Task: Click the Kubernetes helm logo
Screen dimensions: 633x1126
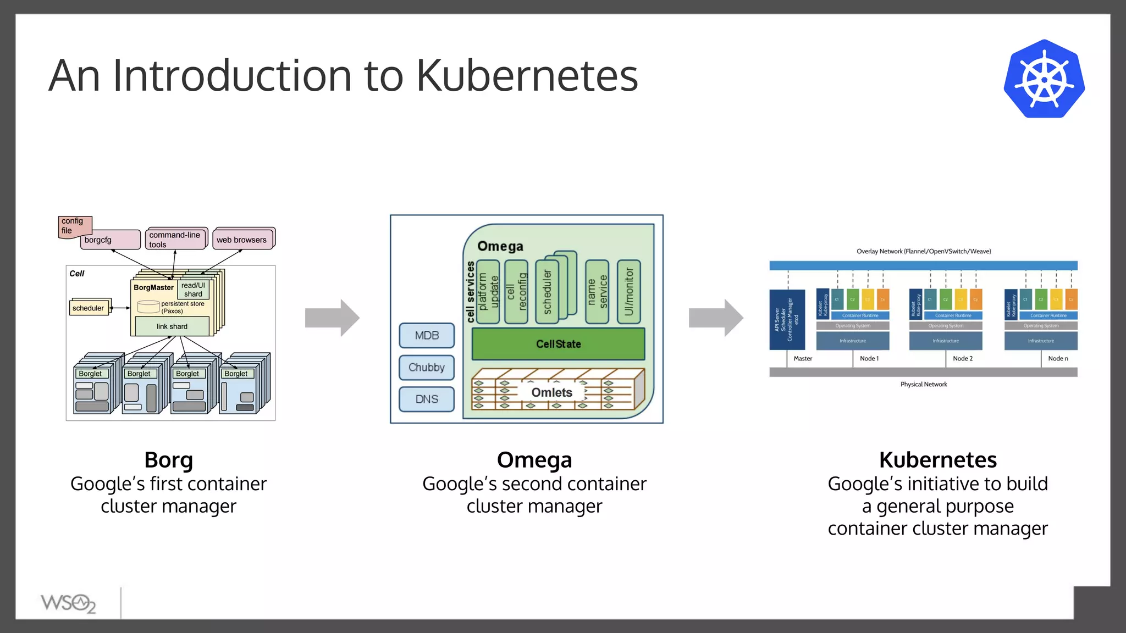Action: tap(1044, 79)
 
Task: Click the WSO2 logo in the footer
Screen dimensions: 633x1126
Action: tap(68, 603)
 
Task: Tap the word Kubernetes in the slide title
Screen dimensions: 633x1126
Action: tap(526, 76)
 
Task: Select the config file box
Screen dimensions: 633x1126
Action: tap(74, 226)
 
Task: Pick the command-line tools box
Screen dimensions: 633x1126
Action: tap(175, 240)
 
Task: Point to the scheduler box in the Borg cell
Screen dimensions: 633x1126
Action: tap(89, 308)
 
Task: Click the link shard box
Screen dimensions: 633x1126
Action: tap(172, 326)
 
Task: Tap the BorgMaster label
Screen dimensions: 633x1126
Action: tap(153, 287)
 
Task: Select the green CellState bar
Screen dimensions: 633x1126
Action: tap(558, 344)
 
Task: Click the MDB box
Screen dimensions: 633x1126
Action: tap(427, 335)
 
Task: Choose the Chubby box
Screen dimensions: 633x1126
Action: tap(427, 367)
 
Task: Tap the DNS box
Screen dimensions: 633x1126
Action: tap(427, 399)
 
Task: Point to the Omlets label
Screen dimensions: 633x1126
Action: tap(551, 392)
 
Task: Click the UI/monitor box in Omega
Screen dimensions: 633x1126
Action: tap(629, 292)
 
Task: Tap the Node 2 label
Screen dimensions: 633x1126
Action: tap(963, 358)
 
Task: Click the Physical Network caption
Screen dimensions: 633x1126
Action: tap(924, 384)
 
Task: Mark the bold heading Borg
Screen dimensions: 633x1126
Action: tap(168, 459)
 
